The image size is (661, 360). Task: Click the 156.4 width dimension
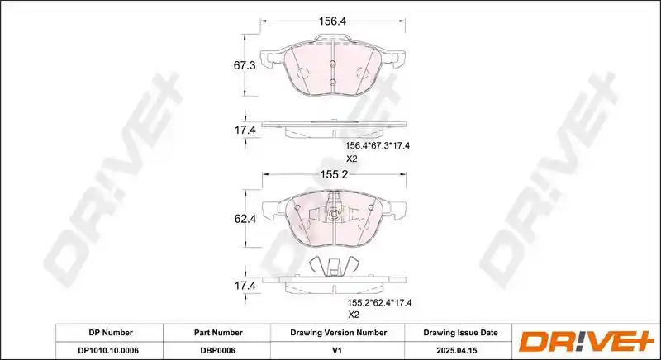click(x=332, y=21)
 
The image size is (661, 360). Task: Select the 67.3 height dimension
click(x=245, y=66)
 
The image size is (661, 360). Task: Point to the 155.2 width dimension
click(x=334, y=174)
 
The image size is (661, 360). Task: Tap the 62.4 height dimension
click(x=245, y=219)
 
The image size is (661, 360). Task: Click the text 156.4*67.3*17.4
click(x=378, y=145)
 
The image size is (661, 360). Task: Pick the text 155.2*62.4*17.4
click(x=379, y=302)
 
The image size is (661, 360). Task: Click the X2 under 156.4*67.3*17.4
click(x=352, y=159)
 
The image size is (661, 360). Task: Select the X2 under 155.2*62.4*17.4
click(x=354, y=315)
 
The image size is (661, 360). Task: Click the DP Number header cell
click(x=111, y=333)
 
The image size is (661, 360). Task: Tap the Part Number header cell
click(x=218, y=333)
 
